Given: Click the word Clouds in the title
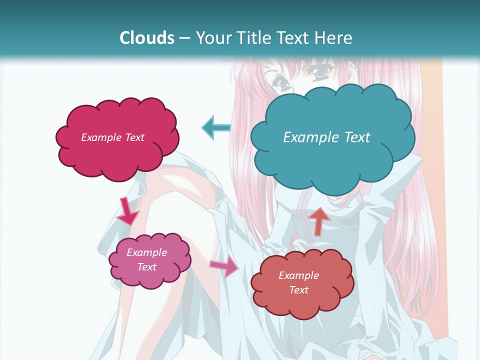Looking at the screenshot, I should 147,38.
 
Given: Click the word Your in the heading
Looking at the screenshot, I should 213,38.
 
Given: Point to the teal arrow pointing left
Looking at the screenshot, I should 216,127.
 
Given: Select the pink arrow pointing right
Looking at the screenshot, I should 224,266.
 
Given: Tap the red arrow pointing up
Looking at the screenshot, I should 318,220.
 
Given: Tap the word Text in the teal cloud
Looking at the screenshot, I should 357,137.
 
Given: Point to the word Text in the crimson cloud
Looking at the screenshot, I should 134,137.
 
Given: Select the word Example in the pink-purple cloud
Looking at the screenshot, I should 146,252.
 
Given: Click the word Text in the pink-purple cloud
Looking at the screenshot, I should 147,267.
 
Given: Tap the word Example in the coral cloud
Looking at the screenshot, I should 298,275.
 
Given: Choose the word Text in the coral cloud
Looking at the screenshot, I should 298,290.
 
